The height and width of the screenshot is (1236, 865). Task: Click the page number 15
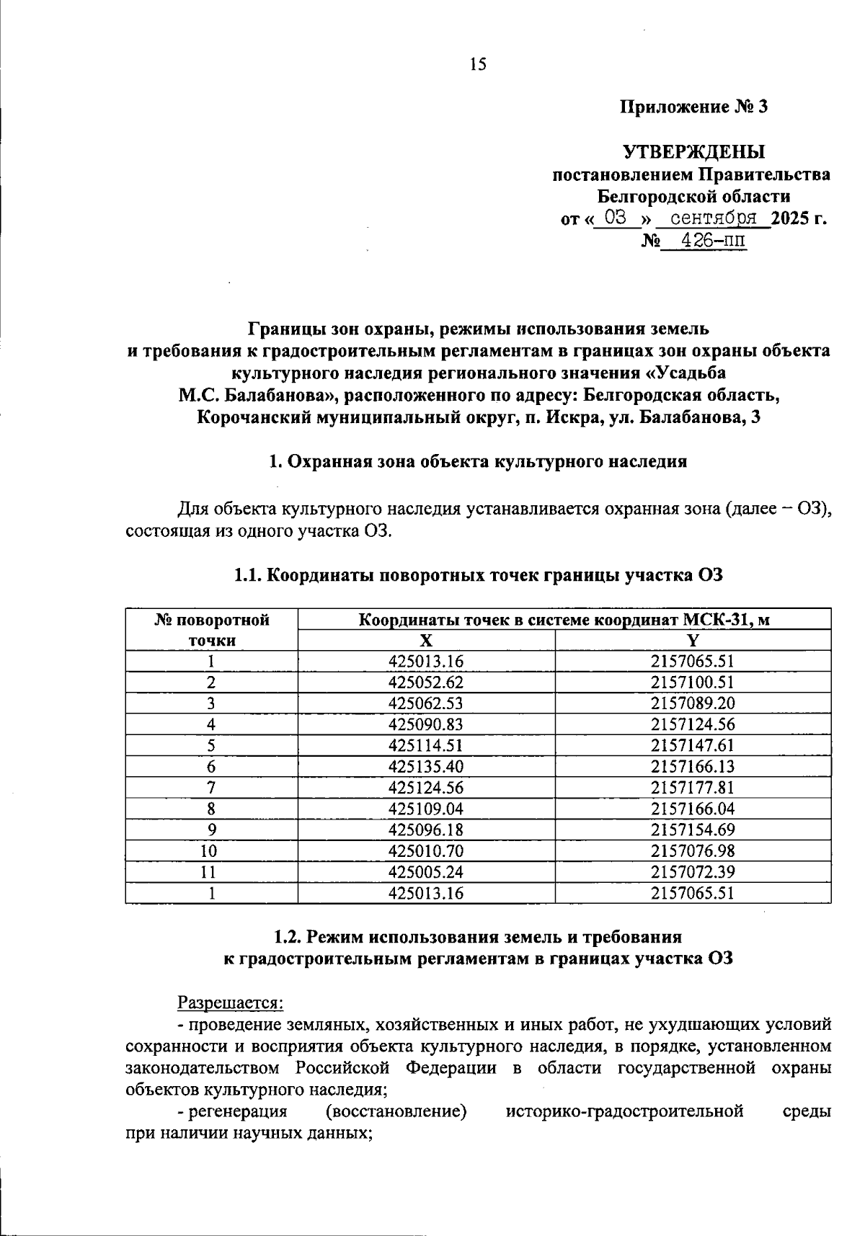click(x=478, y=65)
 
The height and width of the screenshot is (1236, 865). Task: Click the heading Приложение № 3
click(x=694, y=107)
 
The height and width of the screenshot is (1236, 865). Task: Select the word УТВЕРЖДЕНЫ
click(x=693, y=152)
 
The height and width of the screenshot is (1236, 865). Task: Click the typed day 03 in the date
click(x=616, y=218)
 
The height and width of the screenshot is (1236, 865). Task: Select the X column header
click(x=427, y=641)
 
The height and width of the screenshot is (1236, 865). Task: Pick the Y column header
click(x=693, y=641)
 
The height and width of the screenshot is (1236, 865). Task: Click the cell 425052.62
click(x=426, y=683)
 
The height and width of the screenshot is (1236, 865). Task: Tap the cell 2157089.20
click(x=693, y=703)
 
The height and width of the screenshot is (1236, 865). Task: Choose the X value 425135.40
click(x=426, y=766)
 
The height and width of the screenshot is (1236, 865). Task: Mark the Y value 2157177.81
click(x=693, y=788)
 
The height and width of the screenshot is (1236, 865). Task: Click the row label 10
click(x=211, y=851)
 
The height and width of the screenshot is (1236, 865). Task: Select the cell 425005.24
click(x=426, y=872)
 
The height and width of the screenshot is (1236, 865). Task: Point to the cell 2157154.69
click(x=693, y=830)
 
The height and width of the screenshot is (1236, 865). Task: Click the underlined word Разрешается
click(x=230, y=1002)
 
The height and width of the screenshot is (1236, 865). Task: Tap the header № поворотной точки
click(x=212, y=630)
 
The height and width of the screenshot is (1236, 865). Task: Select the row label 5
click(x=211, y=745)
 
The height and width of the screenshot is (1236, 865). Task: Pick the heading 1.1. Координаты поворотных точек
click(x=477, y=575)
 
